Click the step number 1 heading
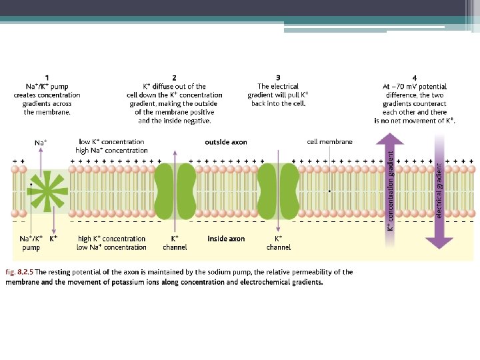(47, 78)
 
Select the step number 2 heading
(175, 78)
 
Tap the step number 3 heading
(278, 78)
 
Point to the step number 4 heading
(414, 78)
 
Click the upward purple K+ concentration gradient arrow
(390, 180)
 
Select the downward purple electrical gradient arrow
(439, 193)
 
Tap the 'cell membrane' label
(329, 141)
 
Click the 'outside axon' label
(226, 142)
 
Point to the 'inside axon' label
(226, 239)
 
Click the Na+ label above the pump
(41, 142)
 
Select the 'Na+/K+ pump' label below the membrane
(31, 243)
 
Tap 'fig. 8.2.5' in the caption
(19, 272)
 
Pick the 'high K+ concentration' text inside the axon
(112, 239)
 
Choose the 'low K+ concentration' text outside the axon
(112, 142)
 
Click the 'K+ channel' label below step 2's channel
(175, 243)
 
